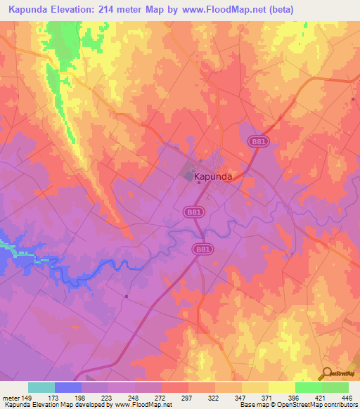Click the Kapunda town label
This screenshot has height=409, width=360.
(x=217, y=177)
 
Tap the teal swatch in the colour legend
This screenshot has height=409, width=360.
(x=41, y=387)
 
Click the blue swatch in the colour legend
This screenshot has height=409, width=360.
(x=68, y=387)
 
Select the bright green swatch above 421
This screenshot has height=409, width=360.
(x=308, y=387)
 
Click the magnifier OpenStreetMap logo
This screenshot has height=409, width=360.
(x=327, y=373)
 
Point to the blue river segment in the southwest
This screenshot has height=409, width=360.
(x=91, y=271)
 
